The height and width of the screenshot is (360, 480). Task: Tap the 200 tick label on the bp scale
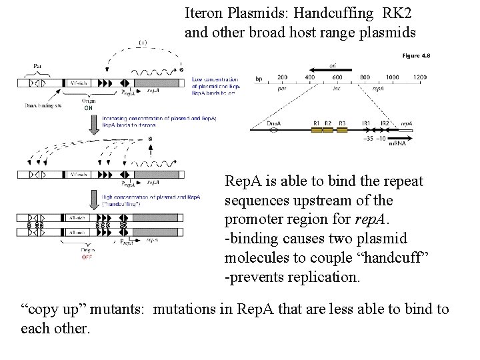(x=282, y=78)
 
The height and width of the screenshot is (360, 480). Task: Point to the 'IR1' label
(x=366, y=123)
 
